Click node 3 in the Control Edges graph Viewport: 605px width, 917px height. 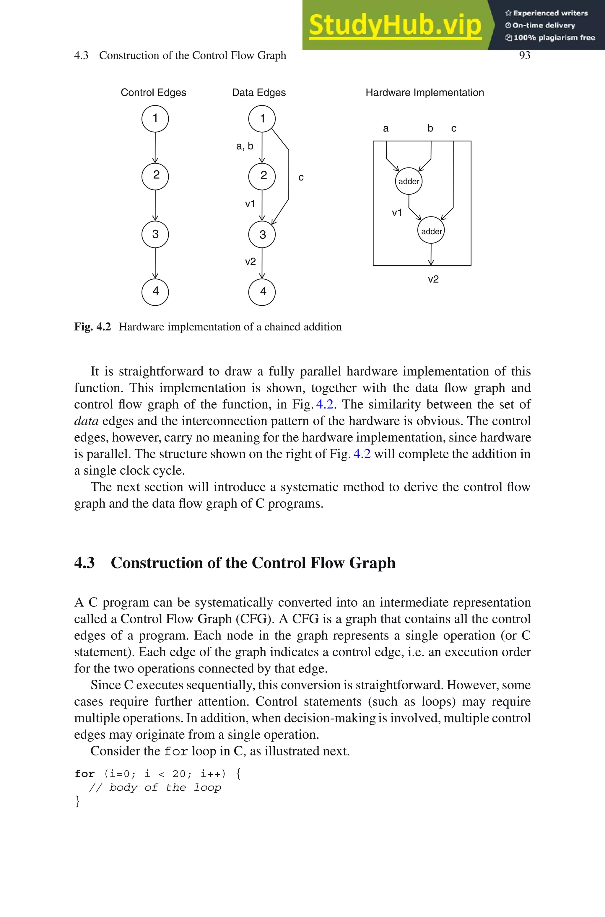tap(155, 234)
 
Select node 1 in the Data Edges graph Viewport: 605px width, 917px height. tap(262, 118)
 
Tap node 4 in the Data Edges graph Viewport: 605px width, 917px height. tap(262, 291)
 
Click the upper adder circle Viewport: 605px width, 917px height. tap(409, 181)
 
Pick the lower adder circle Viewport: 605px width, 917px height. tap(431, 231)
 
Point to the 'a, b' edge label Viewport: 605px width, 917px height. tap(245, 146)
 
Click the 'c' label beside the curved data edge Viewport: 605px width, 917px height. tap(301, 177)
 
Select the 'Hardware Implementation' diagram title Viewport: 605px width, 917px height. tap(425, 92)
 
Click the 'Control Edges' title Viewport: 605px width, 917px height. tap(153, 92)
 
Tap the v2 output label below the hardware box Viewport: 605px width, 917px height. tap(433, 279)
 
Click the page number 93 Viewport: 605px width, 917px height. tap(524, 56)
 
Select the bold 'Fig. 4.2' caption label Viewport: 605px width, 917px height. tap(92, 327)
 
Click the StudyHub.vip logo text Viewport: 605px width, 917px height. tap(395, 25)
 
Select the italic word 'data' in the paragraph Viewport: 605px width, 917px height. tap(86, 421)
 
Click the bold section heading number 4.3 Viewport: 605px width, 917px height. tap(84, 563)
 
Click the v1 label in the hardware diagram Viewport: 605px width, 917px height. tap(397, 212)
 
